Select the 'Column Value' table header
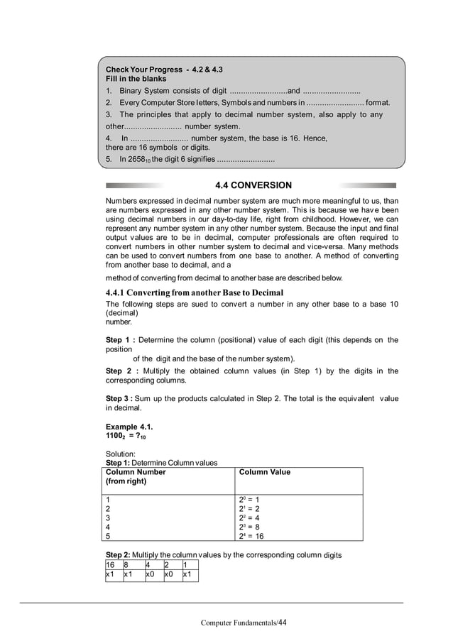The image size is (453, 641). pos(265,472)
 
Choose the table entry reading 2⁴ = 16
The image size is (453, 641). pos(254,537)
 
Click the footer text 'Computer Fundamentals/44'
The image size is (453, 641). pos(244,623)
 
